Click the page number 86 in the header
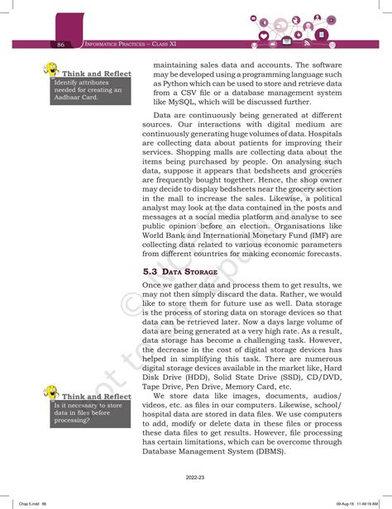61,43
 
